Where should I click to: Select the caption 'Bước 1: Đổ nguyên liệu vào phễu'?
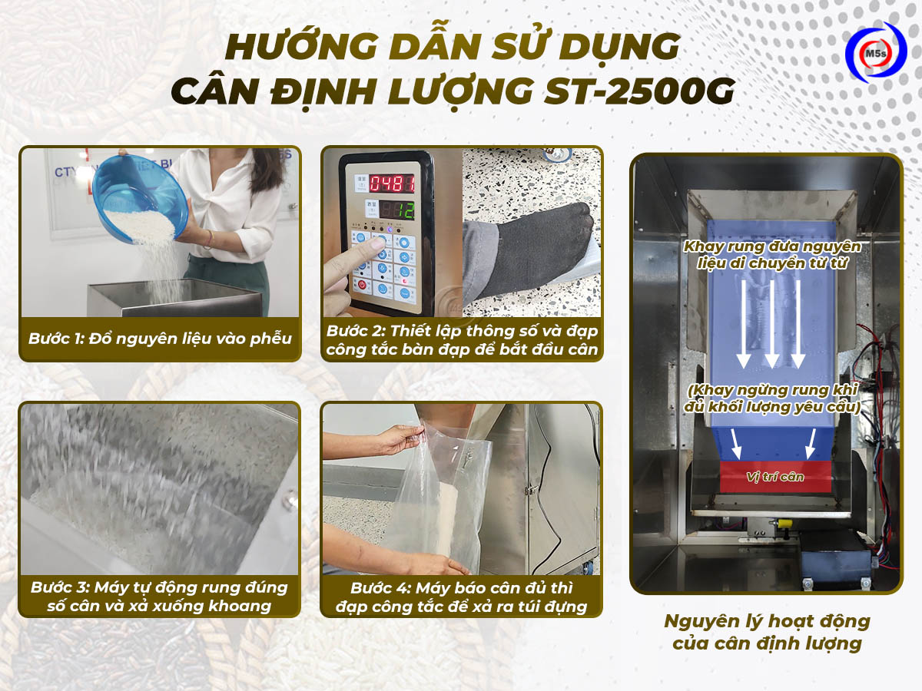pos(161,339)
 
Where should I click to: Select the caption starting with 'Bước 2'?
pos(462,341)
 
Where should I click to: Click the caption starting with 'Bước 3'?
pos(160,597)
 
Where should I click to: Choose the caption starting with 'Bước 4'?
pos(462,597)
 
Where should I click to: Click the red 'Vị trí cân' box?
pos(775,477)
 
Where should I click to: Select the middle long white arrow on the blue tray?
pos(771,322)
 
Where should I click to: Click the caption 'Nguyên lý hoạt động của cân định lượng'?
pos(767,631)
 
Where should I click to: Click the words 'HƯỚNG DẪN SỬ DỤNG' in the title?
pos(454,47)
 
